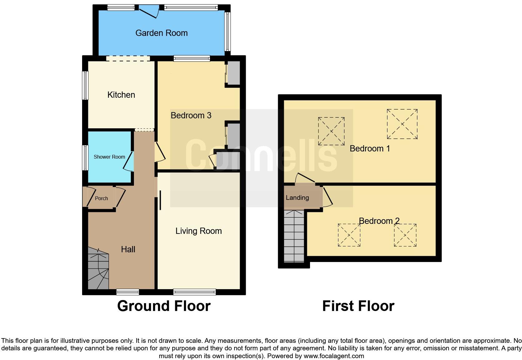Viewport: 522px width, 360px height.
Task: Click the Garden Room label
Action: [x=161, y=33]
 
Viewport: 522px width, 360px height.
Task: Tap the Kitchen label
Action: [x=121, y=95]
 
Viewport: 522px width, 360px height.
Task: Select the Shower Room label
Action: [x=109, y=157]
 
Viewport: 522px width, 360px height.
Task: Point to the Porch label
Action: [x=101, y=198]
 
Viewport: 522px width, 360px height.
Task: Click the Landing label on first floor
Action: [x=297, y=198]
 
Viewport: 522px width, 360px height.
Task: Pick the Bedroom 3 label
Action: [x=191, y=116]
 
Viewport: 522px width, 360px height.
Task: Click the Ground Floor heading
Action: [x=164, y=306]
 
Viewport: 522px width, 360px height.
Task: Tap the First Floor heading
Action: [x=358, y=306]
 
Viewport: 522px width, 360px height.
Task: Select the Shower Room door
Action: [x=129, y=161]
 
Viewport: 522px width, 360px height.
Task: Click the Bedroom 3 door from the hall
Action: [x=160, y=152]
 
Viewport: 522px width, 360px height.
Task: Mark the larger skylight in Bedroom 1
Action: [x=402, y=124]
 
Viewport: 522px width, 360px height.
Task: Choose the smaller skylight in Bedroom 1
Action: [x=331, y=131]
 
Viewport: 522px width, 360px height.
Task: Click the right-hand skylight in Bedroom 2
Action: [x=405, y=235]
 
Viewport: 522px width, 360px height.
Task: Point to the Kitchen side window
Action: [x=85, y=86]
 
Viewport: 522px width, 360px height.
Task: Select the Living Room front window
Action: [x=195, y=292]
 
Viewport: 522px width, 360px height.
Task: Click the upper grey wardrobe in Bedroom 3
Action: [x=233, y=73]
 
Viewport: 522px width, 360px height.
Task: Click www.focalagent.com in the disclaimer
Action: [x=334, y=356]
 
